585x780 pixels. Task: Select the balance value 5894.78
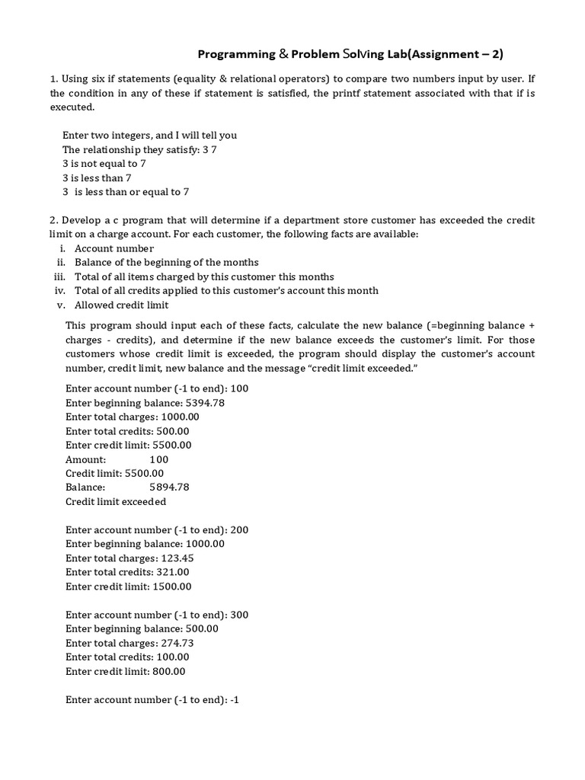(169, 487)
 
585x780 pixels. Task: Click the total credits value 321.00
(173, 572)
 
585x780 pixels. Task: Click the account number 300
(238, 615)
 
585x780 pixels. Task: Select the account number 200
(238, 530)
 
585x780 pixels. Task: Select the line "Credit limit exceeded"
(116, 502)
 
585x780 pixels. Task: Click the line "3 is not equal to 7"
(104, 164)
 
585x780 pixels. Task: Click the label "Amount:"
(86, 459)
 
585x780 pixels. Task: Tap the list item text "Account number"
(114, 248)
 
